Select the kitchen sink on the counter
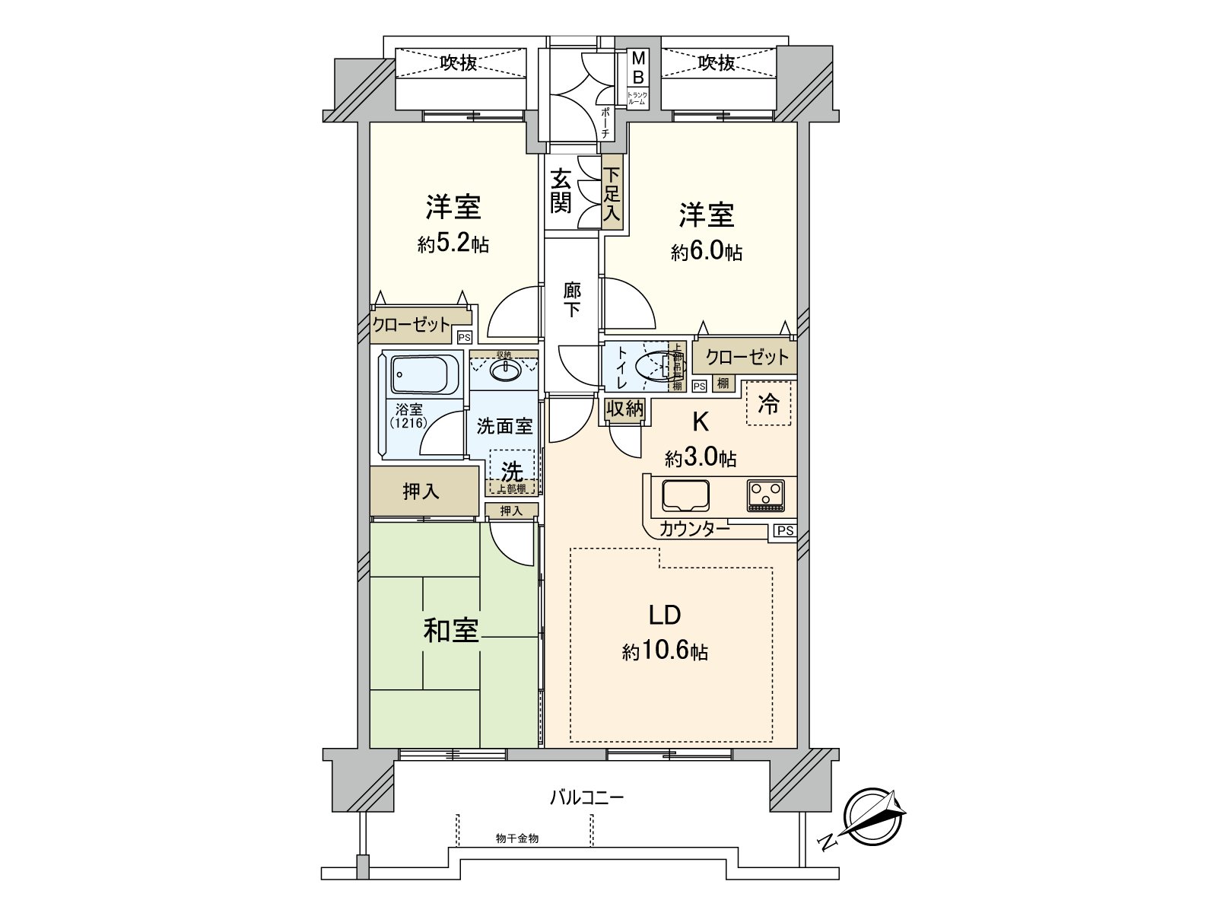[685, 495]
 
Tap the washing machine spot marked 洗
[512, 471]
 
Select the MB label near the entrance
[638, 67]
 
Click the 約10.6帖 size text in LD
[665, 652]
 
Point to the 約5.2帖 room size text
[453, 244]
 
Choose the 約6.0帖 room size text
[707, 253]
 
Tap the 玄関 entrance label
[561, 191]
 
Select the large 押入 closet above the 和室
[421, 491]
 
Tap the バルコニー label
[586, 798]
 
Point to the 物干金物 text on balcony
[517, 838]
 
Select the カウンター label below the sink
[694, 529]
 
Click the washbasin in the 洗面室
[503, 371]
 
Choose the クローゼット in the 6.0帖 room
[746, 357]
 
